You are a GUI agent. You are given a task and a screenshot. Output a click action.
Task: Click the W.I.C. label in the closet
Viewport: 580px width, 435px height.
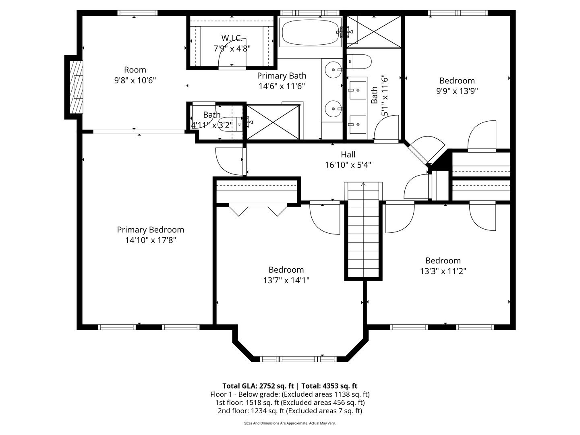232,38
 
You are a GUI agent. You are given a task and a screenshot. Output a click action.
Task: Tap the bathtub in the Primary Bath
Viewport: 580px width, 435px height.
310,33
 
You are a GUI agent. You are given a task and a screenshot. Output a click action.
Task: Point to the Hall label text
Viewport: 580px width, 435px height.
348,154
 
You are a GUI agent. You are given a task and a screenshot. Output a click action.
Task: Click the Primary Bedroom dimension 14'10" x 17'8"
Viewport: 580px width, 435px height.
150,240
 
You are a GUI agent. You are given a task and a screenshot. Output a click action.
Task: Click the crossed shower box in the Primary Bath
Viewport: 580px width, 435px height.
273,122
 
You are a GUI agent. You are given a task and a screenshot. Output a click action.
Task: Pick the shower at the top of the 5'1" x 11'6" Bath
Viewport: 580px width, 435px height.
374,32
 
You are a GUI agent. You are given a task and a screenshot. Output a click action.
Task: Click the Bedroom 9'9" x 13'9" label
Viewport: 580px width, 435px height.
457,81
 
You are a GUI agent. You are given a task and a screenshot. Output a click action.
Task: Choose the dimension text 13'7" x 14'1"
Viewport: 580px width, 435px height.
286,280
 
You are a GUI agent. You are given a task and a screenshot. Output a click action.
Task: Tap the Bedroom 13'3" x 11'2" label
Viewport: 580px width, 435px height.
443,261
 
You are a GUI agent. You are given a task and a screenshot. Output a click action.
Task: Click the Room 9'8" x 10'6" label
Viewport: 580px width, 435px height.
135,70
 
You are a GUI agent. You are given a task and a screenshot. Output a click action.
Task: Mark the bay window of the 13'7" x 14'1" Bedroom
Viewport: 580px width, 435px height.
298,358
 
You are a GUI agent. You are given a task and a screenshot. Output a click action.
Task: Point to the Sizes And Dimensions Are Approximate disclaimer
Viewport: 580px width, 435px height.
290,423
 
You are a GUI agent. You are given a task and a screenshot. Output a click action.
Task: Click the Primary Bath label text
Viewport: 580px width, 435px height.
282,76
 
